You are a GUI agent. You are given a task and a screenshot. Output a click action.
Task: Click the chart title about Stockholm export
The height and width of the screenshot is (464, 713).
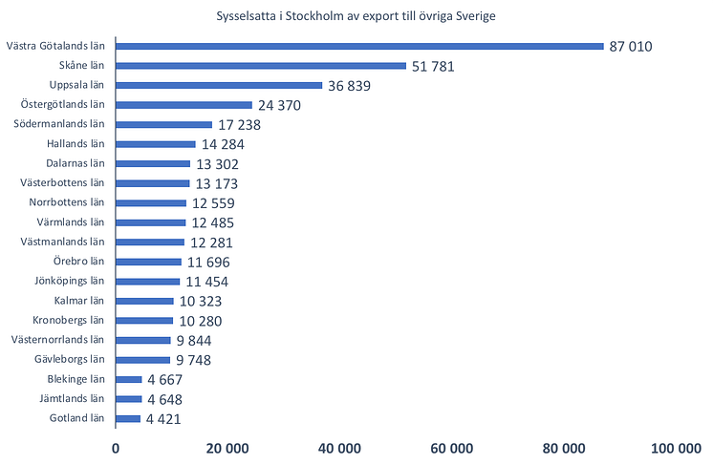click(x=356, y=16)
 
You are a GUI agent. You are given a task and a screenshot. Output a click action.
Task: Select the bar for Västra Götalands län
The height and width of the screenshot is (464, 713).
click(x=359, y=46)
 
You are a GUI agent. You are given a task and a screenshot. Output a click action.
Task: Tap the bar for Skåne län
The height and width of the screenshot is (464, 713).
click(x=261, y=66)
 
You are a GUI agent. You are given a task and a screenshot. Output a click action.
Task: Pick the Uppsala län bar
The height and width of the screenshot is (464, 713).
click(x=219, y=85)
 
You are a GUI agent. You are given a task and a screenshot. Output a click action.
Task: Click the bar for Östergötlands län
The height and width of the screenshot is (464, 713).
click(x=184, y=105)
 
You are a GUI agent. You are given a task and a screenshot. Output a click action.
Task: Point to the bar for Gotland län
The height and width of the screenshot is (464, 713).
click(x=128, y=418)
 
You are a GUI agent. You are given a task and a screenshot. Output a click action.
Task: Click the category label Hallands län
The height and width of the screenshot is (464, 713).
click(x=75, y=144)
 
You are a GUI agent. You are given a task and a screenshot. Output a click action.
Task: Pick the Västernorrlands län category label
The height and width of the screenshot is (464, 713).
click(x=56, y=340)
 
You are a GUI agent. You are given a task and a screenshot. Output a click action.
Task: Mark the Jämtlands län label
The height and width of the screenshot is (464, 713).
click(x=71, y=399)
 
